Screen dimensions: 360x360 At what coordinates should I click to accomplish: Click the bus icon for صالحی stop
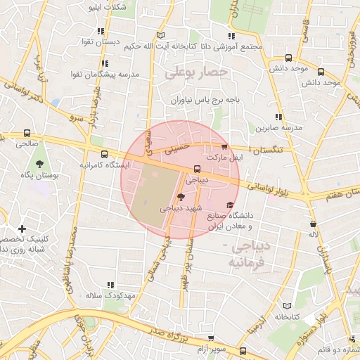[x=27, y=133]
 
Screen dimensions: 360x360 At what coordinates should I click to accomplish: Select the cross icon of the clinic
[x=22, y=229]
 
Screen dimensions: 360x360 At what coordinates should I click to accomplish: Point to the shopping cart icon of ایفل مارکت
[x=224, y=147]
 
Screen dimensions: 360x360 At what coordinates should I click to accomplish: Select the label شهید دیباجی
[x=181, y=209]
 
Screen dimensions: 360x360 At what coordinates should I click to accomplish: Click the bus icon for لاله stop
[x=313, y=224]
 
